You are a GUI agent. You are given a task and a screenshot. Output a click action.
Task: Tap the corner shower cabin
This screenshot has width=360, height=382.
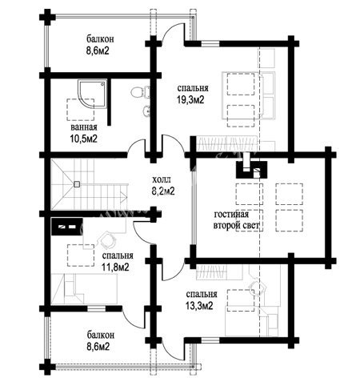click(x=91, y=94)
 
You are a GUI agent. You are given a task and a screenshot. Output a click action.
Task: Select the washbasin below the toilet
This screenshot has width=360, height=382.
click(x=146, y=111)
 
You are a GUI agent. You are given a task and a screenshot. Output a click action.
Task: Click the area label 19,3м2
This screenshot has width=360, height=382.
click(x=190, y=100)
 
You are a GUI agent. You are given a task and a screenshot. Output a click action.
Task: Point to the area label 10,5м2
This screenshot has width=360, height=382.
click(x=83, y=139)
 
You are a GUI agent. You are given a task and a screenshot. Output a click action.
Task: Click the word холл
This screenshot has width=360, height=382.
click(x=161, y=179)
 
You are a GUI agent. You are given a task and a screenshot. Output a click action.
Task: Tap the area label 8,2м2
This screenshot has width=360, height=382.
click(x=163, y=191)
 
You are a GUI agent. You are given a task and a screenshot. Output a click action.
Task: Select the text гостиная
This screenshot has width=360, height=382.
click(x=231, y=215)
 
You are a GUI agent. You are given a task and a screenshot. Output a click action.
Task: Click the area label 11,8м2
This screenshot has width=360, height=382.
click(x=116, y=267)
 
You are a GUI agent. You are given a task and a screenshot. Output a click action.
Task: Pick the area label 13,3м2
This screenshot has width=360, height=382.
click(x=199, y=305)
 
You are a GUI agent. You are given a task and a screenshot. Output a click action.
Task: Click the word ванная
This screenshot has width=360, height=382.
click(x=84, y=127)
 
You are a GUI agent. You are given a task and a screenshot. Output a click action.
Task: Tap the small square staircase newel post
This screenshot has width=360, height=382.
click(x=77, y=184)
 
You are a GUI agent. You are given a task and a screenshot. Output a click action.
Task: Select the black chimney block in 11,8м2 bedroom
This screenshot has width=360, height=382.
click(x=67, y=227)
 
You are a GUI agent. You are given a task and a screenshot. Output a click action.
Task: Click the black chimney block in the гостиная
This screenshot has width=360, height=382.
click(x=251, y=170)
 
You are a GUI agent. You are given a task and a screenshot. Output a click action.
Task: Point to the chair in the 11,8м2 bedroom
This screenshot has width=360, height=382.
click(x=108, y=239)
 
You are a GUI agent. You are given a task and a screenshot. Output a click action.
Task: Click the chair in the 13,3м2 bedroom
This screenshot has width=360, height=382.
click(x=258, y=288)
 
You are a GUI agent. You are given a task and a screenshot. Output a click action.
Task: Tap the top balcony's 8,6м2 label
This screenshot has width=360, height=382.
click(x=98, y=50)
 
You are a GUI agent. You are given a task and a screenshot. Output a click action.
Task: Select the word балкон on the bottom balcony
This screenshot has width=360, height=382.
click(x=101, y=335)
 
